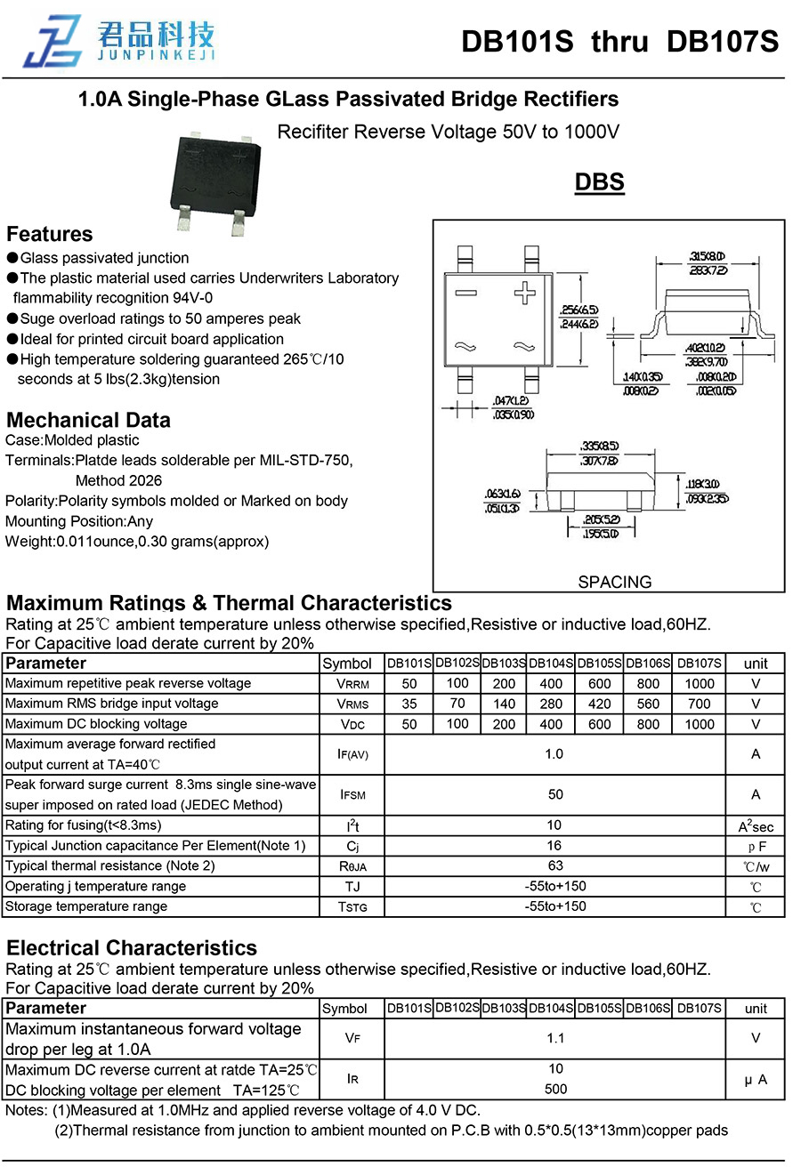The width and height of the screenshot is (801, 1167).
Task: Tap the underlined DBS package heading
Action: point(599,182)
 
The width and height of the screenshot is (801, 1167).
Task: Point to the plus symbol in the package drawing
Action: point(526,292)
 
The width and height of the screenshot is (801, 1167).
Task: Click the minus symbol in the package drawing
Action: point(465,293)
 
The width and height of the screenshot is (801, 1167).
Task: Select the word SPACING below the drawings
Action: point(614,582)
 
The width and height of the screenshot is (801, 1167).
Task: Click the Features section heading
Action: point(50,234)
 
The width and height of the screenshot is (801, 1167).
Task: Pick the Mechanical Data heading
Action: point(88,420)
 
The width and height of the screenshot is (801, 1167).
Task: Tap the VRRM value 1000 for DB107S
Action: point(700,684)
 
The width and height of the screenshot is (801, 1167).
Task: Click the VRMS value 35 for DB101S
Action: point(409,704)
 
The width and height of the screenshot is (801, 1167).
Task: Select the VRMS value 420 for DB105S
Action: point(600,704)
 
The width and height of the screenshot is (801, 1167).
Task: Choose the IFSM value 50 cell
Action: point(555,794)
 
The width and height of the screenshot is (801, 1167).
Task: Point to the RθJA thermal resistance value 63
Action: point(555,865)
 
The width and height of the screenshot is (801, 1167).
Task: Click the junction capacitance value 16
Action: point(555,845)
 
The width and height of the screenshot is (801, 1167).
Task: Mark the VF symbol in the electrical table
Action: point(352,1038)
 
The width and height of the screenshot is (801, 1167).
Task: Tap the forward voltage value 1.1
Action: point(555,1038)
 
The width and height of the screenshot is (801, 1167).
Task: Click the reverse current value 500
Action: point(555,1089)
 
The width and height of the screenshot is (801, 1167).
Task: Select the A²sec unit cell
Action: point(756,826)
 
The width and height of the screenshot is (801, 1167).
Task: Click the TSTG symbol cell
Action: point(352,907)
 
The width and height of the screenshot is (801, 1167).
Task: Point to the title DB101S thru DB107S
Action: point(619,42)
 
